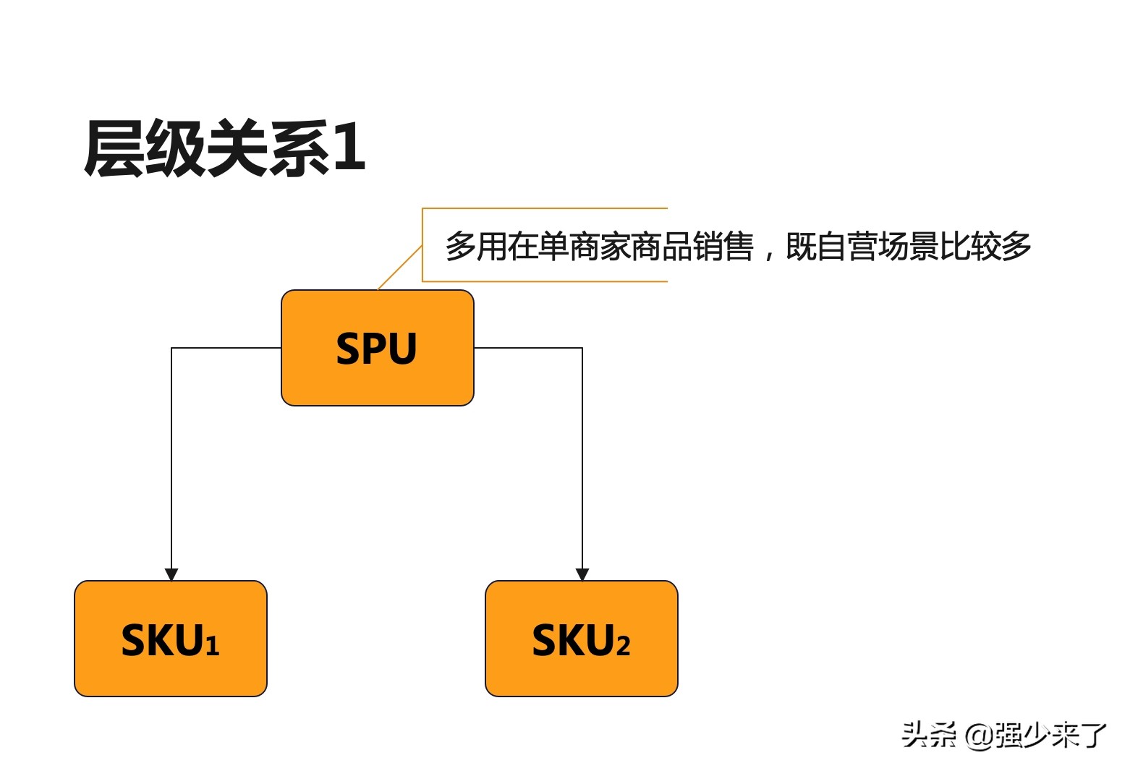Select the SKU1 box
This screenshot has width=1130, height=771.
[x=171, y=638]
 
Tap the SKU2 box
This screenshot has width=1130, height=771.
[x=581, y=638]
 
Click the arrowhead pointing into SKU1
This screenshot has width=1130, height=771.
[x=171, y=574]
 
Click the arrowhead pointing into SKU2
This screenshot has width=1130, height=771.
[x=582, y=574]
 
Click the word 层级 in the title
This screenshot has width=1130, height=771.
[x=145, y=149]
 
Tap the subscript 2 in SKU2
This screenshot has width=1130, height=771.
[x=623, y=645]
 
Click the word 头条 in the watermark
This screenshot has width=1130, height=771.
[x=929, y=735]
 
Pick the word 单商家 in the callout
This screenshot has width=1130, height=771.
[x=583, y=247]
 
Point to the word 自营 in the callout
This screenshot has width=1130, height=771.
[x=846, y=247]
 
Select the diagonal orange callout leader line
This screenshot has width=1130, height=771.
[x=400, y=268]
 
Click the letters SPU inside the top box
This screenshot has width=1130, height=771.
[x=376, y=349]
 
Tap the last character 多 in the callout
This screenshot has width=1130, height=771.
[x=1016, y=247]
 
